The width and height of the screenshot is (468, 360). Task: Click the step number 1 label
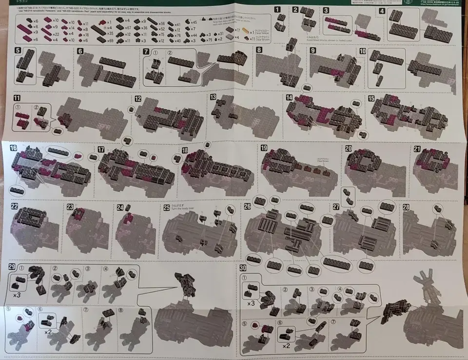coord(277,9)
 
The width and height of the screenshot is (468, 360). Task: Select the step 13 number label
coord(213,98)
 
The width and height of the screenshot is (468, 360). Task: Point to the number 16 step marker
coord(13,148)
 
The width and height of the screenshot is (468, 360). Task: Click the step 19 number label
coord(264,148)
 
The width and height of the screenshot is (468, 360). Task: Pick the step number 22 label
coord(14,206)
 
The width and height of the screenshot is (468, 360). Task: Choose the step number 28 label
coord(406,206)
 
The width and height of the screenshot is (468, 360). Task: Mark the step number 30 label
coord(243,268)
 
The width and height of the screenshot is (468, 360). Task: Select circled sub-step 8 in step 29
coord(121,309)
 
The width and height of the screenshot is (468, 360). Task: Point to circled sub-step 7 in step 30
coord(333,322)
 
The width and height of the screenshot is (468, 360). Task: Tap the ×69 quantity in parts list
coord(110,40)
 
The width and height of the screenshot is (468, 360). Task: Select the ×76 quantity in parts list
coord(177,35)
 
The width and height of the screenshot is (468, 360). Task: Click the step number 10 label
coord(363,51)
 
